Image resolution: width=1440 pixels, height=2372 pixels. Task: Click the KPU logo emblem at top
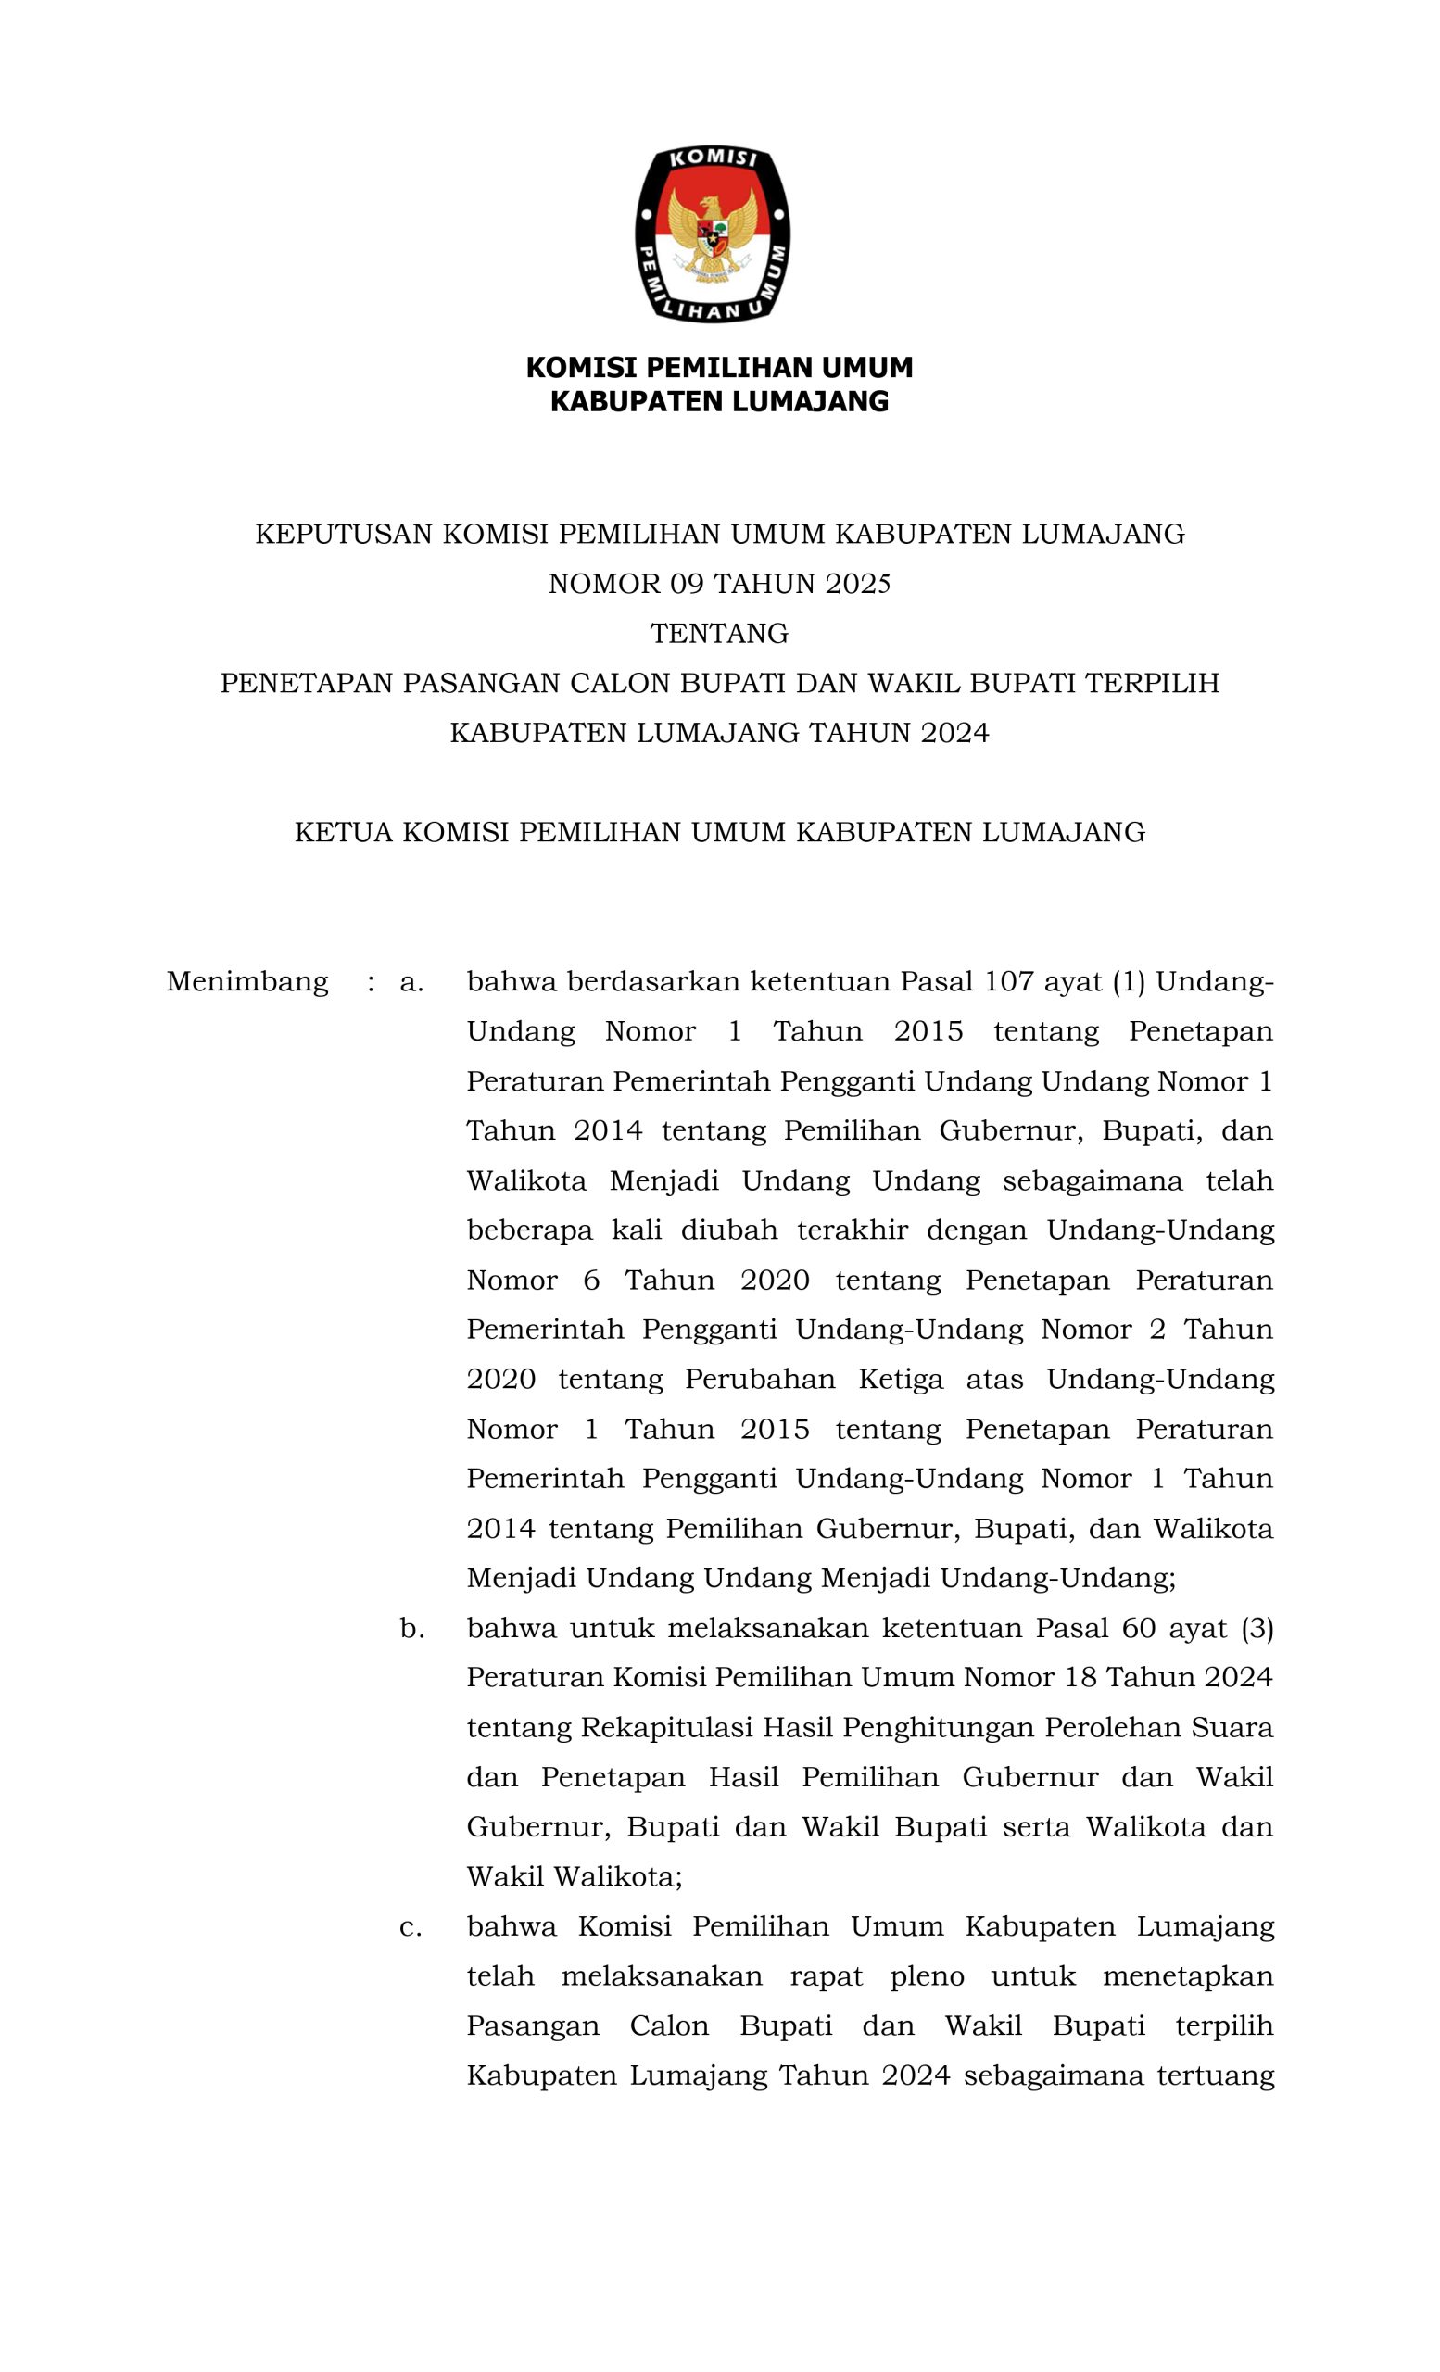(x=714, y=233)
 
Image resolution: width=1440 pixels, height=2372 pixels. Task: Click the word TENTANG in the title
(x=719, y=634)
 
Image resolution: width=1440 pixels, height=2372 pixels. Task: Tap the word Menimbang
(x=247, y=982)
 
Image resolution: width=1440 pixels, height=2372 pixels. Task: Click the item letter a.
(x=411, y=983)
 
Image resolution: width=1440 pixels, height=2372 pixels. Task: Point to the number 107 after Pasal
(x=1009, y=982)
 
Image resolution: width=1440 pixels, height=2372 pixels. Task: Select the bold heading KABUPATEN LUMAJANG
(x=719, y=402)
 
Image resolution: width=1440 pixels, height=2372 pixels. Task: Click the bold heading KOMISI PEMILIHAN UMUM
(x=719, y=368)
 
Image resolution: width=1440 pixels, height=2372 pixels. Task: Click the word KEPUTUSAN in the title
(x=343, y=535)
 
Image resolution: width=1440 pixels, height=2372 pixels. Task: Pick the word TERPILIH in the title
(x=1152, y=684)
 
